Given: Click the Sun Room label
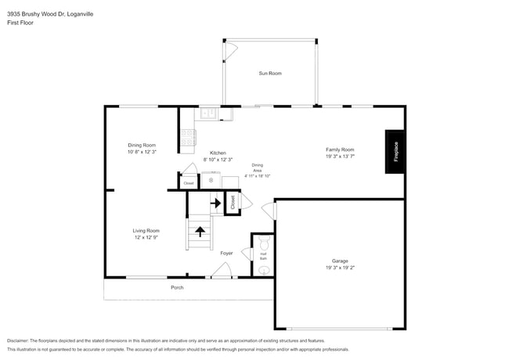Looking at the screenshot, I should pos(270,74).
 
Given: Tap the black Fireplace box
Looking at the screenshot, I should pos(395,150).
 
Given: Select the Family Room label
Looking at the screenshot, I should pos(340,149).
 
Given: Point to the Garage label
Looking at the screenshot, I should pos(339,261).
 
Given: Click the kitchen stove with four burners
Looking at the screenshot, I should pos(188,138).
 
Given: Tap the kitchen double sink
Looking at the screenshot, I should pos(209,114).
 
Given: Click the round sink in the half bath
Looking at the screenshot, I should pos(264,270).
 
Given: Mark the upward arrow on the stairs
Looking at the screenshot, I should pos(200,231).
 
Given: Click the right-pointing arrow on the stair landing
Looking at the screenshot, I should pos(215,203).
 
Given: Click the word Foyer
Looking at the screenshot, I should pos(226,253).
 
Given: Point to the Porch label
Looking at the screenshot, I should pos(178,288).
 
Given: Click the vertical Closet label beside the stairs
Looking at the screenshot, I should pos(233,202).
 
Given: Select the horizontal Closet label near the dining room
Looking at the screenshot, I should pos(188,183).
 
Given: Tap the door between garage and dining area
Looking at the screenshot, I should pos(269,211).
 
